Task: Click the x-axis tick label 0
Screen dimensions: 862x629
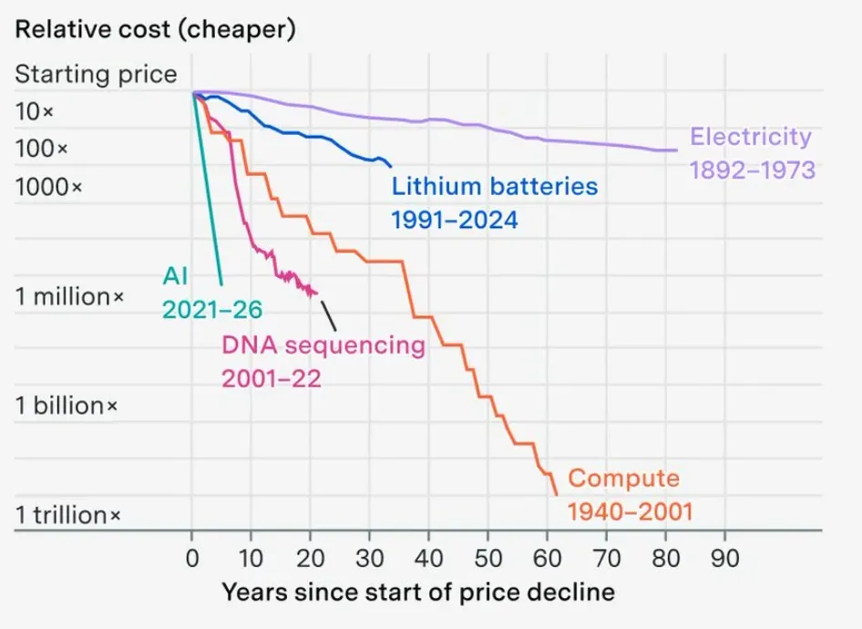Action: click(192, 558)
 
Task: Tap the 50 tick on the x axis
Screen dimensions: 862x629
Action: click(487, 558)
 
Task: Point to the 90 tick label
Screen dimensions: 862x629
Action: click(724, 558)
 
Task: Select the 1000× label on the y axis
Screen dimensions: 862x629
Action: click(49, 187)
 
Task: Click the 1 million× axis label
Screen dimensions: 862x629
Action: click(70, 297)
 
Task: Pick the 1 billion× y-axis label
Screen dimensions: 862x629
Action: click(67, 406)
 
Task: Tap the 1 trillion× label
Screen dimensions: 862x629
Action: click(67, 515)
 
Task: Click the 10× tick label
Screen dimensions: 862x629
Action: click(35, 111)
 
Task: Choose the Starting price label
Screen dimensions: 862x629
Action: click(97, 74)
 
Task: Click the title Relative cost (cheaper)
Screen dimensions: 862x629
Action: click(156, 29)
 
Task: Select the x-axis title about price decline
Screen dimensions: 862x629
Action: click(418, 593)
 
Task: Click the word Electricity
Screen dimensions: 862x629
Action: click(751, 137)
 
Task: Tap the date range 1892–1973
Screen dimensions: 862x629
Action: click(752, 170)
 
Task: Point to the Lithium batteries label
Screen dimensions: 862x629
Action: click(494, 186)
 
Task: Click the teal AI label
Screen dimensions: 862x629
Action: click(175, 275)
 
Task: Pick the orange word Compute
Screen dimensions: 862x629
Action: click(623, 479)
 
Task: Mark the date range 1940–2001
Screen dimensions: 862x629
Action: click(630, 512)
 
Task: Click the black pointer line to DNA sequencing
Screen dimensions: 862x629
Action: click(329, 316)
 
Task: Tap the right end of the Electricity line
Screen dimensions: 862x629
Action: click(677, 150)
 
